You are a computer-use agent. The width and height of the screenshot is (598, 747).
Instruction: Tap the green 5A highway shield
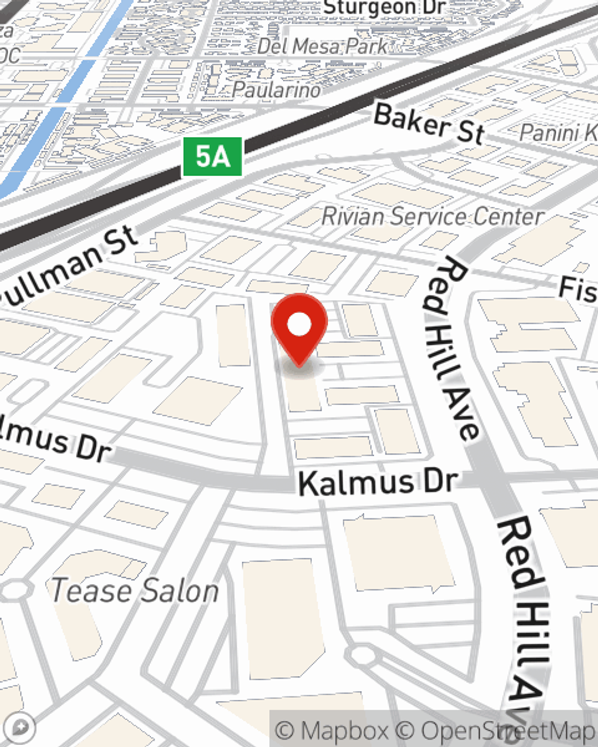click(212, 157)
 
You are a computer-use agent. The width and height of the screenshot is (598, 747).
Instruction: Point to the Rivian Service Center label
click(432, 216)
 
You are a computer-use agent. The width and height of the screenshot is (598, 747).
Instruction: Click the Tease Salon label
click(135, 591)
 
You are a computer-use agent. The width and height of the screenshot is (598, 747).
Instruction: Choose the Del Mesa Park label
click(323, 46)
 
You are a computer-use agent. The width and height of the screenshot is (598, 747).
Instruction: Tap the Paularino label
click(276, 90)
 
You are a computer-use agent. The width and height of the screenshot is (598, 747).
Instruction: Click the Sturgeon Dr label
click(384, 8)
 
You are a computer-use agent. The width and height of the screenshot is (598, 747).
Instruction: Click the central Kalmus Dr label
click(378, 482)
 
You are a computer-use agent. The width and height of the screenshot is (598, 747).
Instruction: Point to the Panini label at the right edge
click(558, 133)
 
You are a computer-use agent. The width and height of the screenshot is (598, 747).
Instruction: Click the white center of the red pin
click(299, 325)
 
